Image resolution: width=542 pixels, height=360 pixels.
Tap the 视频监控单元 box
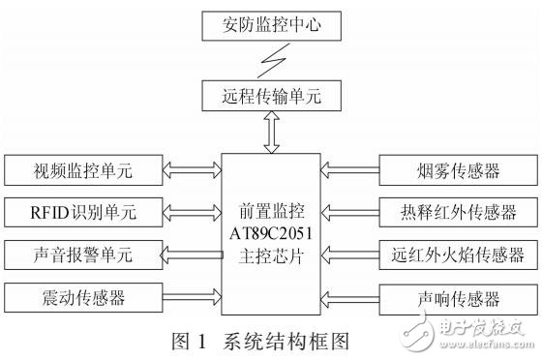pyautogui.click(x=81, y=173)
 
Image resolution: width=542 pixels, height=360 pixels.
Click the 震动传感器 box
pyautogui.click(x=81, y=294)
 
